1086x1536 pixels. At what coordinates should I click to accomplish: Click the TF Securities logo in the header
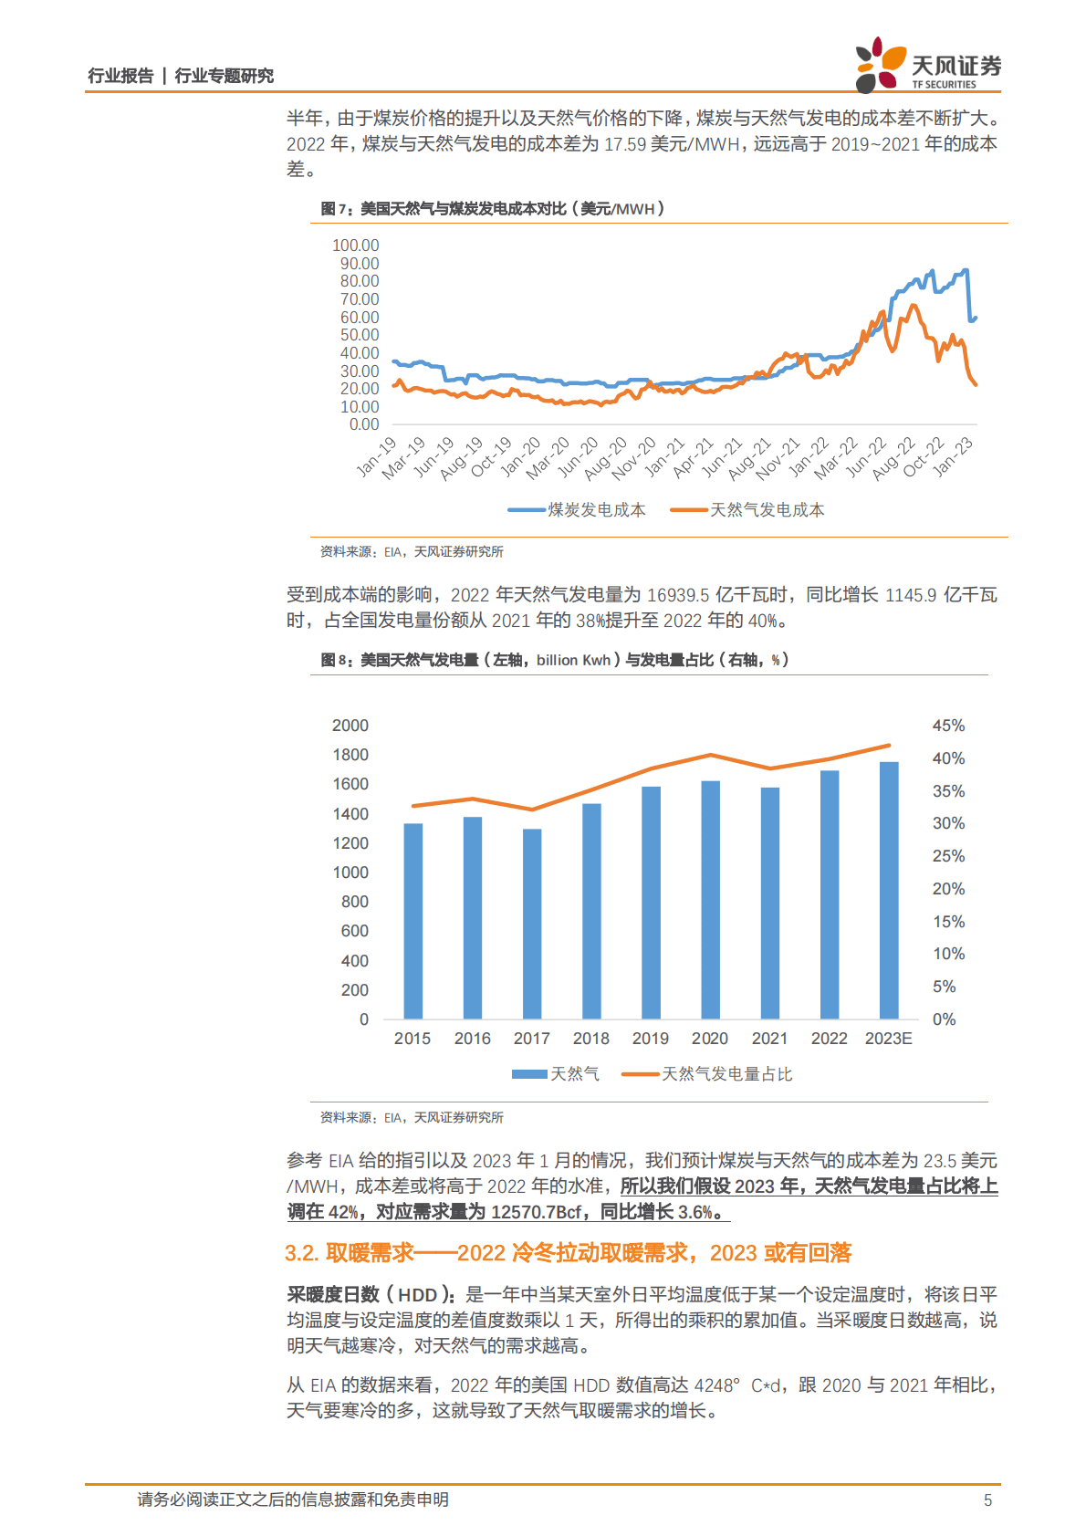pyautogui.click(x=927, y=66)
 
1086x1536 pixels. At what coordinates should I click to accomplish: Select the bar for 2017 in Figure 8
pyautogui.click(x=532, y=924)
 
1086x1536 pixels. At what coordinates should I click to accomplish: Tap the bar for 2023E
pyautogui.click(x=889, y=890)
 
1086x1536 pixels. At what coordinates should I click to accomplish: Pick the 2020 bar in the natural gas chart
pyautogui.click(x=710, y=900)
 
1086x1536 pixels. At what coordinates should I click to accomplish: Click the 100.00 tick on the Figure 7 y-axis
pyautogui.click(x=355, y=246)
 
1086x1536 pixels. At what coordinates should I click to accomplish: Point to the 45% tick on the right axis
pyautogui.click(x=948, y=726)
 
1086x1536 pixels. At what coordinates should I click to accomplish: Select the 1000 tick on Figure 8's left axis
pyautogui.click(x=350, y=872)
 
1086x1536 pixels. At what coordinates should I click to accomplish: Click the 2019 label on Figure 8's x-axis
pyautogui.click(x=651, y=1039)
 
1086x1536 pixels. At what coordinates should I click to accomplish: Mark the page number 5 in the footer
pyautogui.click(x=987, y=1499)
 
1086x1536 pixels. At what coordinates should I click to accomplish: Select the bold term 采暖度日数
pyautogui.click(x=332, y=1295)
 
